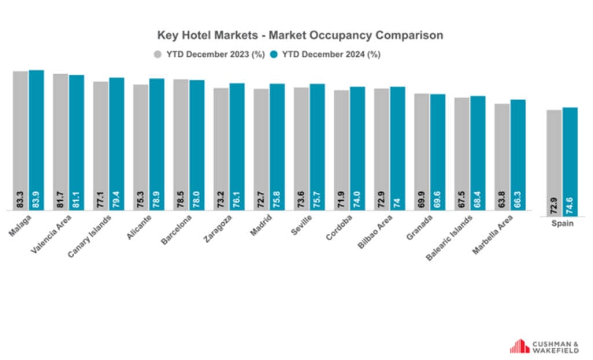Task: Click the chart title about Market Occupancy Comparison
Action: click(300, 35)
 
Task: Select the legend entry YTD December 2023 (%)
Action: click(208, 54)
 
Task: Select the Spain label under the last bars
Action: click(562, 223)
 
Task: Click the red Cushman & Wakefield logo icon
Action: click(519, 346)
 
